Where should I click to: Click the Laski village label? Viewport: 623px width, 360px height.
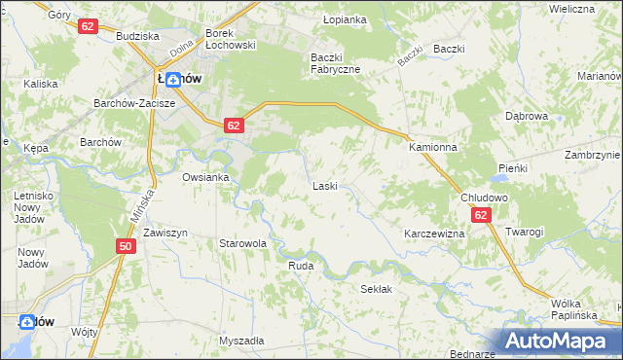click(324, 185)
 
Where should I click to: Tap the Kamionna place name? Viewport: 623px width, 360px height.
click(432, 146)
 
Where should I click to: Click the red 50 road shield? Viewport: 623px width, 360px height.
click(126, 246)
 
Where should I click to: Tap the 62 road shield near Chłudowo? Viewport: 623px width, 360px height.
click(481, 215)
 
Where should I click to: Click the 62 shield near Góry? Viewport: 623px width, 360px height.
click(89, 26)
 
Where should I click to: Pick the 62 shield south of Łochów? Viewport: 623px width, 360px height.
click(233, 126)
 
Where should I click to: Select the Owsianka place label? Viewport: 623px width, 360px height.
click(205, 177)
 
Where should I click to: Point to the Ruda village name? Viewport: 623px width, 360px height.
click(300, 264)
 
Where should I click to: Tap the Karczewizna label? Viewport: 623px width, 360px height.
click(434, 234)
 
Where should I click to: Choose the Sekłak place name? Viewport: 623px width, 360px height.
click(376, 289)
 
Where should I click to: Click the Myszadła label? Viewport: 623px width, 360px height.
click(241, 341)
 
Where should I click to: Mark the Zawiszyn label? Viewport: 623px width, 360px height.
click(165, 234)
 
